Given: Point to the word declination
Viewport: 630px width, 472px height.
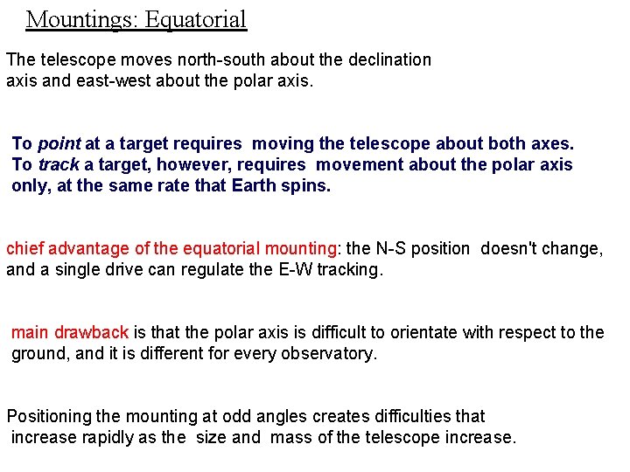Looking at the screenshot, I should [x=388, y=59].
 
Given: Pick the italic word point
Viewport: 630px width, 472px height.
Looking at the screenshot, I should [x=59, y=143].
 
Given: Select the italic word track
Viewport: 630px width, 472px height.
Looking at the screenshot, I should [x=59, y=164].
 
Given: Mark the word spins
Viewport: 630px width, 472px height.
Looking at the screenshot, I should [x=308, y=185].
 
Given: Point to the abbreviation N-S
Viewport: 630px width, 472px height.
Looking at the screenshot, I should [x=396, y=248].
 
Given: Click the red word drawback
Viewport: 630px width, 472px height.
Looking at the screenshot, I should [x=92, y=332].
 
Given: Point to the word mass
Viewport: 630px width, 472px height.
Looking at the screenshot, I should [x=290, y=437].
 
